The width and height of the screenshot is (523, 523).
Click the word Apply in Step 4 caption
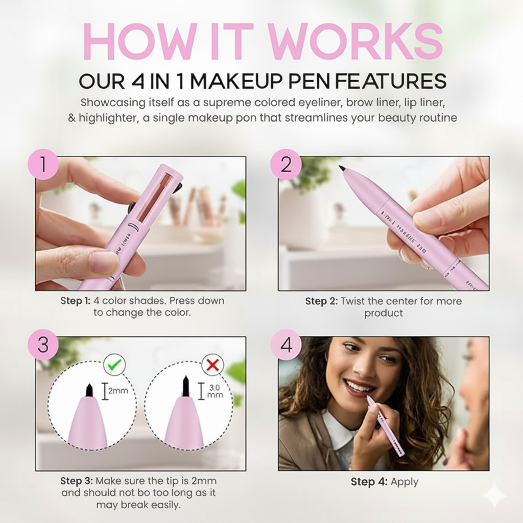(405, 482)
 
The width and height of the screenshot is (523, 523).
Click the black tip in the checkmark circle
(89, 390)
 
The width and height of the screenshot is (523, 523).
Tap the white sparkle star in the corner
(494, 495)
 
